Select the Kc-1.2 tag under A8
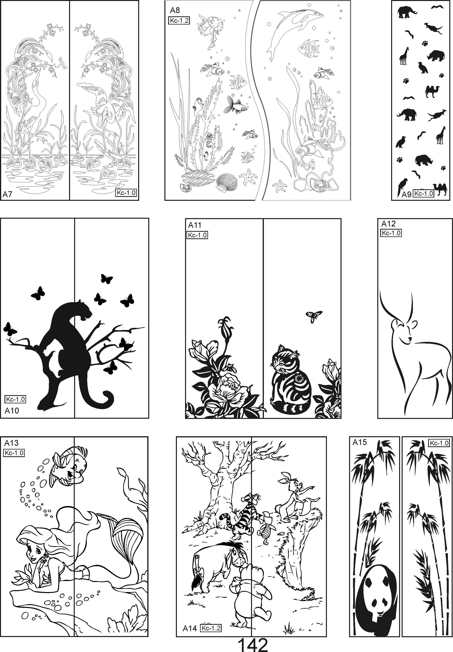tap(179, 21)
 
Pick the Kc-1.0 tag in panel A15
tap(439, 443)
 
